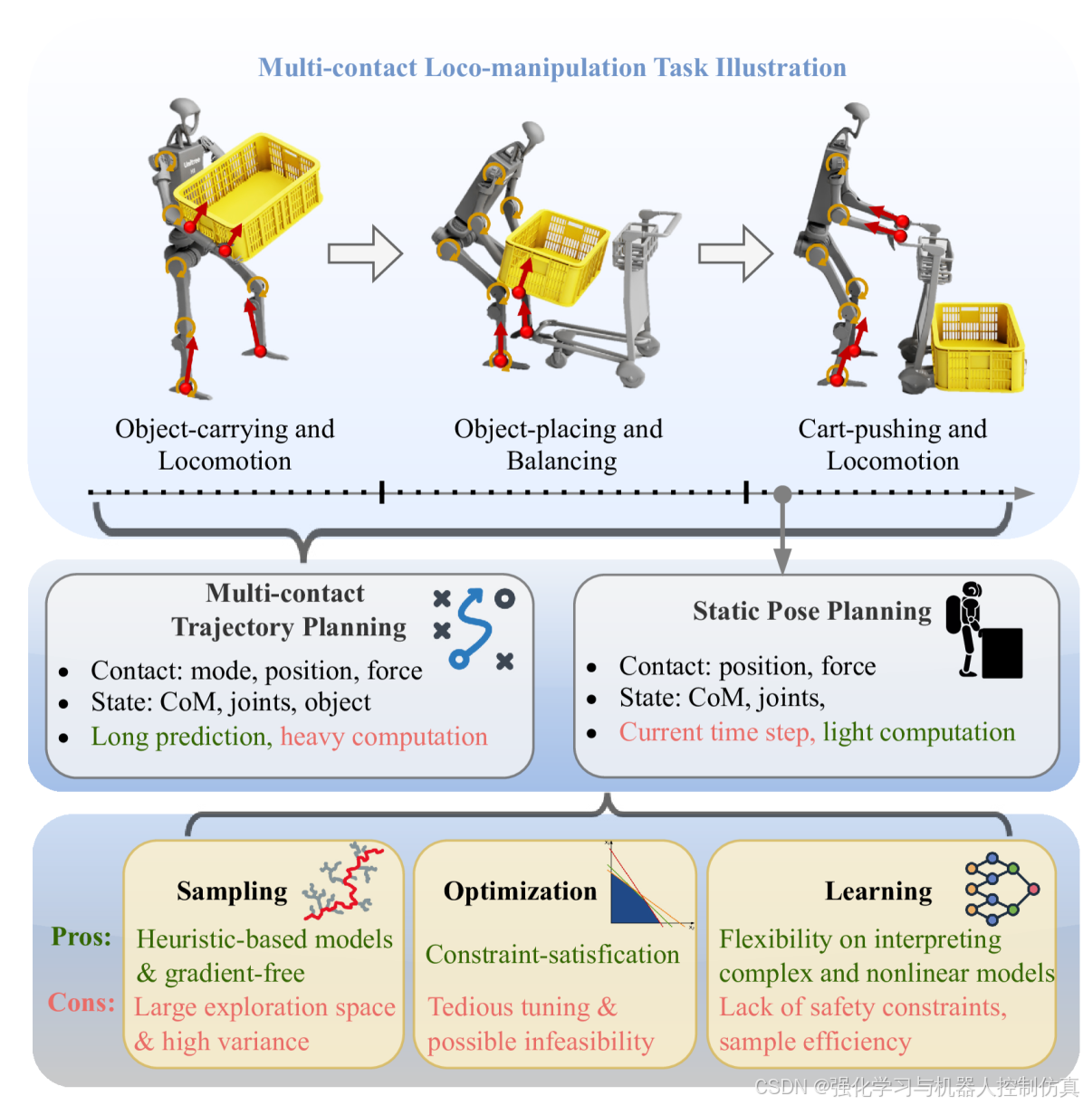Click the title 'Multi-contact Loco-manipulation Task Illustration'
551,68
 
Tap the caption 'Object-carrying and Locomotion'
225,444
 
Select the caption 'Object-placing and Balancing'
558,444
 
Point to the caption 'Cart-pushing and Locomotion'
892,444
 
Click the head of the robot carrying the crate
185,110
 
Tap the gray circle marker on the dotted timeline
782,493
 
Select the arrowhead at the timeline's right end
1023,492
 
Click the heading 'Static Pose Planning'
811,611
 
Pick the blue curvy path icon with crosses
474,628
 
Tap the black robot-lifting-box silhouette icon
983,630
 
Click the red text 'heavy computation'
383,737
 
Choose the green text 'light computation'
918,732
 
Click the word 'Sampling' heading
232,891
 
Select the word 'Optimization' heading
520,891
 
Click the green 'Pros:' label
81,937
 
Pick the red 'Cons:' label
81,1003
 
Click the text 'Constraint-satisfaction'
552,955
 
